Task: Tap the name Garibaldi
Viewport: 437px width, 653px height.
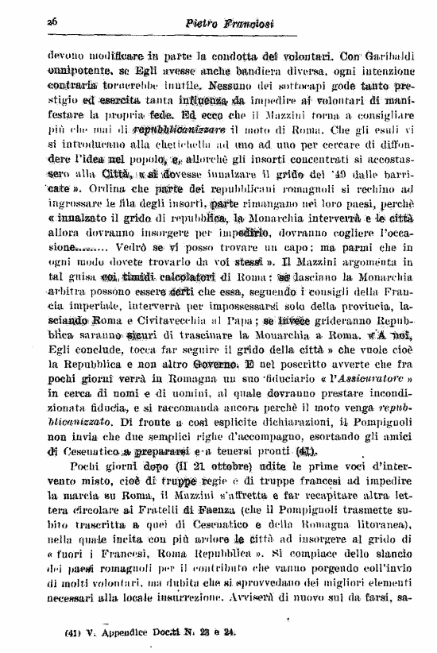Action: tap(387, 57)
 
